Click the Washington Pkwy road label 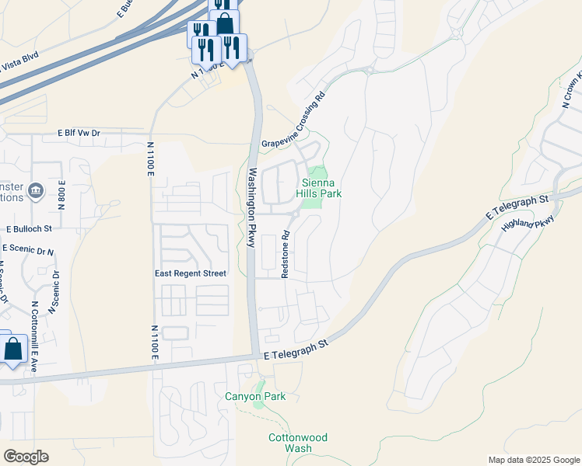point(251,207)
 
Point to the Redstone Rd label point(286,253)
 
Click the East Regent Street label point(191,273)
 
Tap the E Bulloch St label point(29,229)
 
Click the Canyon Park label point(255,396)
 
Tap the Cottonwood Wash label point(290,443)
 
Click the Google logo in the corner point(26,456)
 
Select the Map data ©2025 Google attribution point(533,460)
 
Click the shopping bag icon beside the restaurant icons point(225,23)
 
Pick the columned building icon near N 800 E point(35,190)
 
